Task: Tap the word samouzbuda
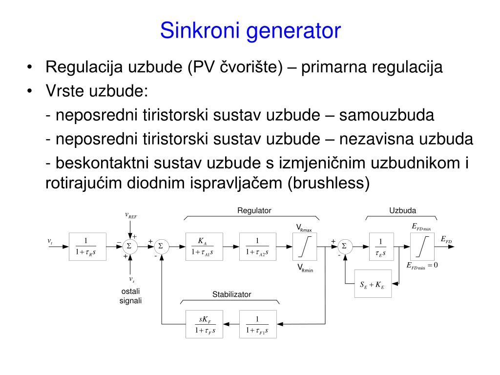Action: point(387,115)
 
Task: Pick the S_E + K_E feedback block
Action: point(372,284)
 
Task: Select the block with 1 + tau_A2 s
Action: point(257,247)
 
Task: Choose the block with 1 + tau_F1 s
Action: point(257,325)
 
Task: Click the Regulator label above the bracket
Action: point(254,210)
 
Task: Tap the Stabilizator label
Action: point(231,294)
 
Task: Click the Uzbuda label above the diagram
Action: point(402,210)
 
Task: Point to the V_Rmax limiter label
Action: point(304,228)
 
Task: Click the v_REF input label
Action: point(131,215)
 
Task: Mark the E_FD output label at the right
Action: point(446,239)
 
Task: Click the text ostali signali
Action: point(130,296)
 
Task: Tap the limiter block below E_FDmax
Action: point(421,247)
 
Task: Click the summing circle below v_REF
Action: point(130,247)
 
